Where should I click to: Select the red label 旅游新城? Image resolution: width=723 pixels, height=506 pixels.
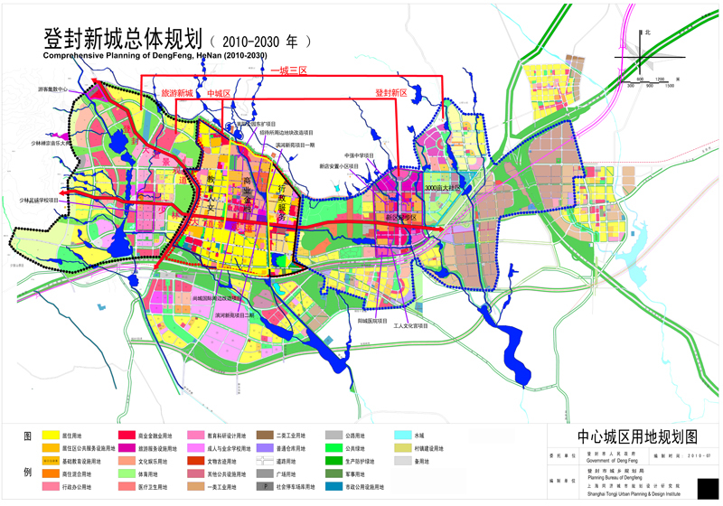pyautogui.click(x=177, y=93)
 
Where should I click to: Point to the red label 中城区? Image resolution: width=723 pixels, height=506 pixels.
pyautogui.click(x=219, y=93)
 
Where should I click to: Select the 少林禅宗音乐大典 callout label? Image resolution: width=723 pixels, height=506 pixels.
pyautogui.click(x=44, y=143)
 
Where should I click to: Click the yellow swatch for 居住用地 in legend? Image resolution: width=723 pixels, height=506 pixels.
pyautogui.click(x=49, y=436)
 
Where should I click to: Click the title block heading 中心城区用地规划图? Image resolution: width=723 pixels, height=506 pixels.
pyautogui.click(x=629, y=436)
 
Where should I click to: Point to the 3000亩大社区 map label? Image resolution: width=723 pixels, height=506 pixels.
pyautogui.click(x=444, y=187)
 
